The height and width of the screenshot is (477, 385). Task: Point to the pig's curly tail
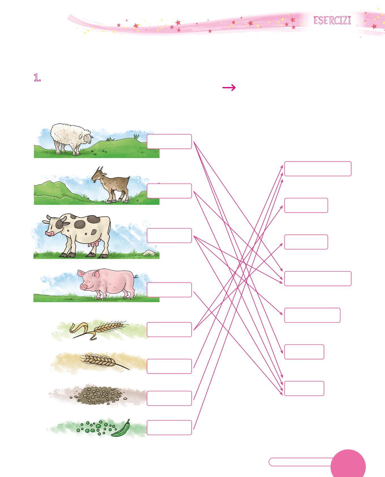tap(136, 276)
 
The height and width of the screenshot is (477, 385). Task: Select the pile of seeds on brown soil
tap(96, 394)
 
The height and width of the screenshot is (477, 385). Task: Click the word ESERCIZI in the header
tap(332, 21)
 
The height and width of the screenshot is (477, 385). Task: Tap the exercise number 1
tap(37, 78)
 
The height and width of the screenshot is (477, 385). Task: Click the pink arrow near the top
tap(229, 88)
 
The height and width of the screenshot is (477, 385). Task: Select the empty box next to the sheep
tap(169, 141)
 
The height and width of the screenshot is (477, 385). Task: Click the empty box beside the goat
tap(169, 191)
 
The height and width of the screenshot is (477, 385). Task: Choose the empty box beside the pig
tap(169, 290)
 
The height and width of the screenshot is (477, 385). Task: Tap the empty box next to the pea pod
tap(169, 428)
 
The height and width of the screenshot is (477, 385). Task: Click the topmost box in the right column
tap(318, 169)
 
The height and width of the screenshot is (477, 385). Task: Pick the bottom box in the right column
tap(304, 388)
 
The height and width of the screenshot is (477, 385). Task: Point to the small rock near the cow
tap(149, 253)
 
